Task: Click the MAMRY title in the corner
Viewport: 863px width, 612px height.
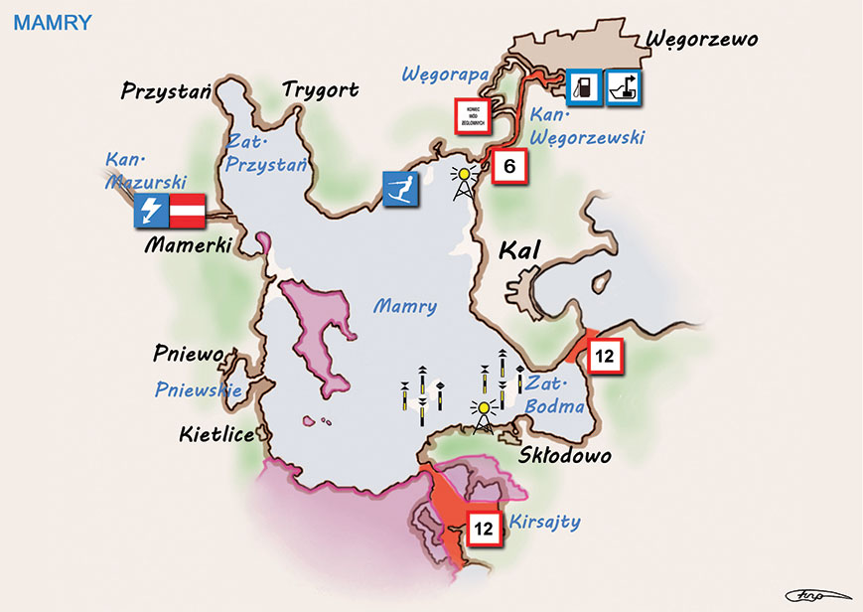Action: tap(52, 21)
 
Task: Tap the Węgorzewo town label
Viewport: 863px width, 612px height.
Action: tap(701, 39)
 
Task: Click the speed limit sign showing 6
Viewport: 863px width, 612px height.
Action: tap(508, 167)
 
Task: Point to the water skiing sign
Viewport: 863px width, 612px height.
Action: tap(401, 189)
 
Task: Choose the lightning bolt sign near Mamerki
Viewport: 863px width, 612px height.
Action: tap(151, 211)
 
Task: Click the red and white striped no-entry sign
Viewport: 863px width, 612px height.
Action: tap(187, 211)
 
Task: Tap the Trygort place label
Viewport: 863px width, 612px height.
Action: tap(320, 90)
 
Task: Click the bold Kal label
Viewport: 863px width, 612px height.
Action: tap(518, 249)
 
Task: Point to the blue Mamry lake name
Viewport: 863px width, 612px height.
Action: tap(405, 306)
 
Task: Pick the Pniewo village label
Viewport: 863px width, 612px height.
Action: tap(189, 353)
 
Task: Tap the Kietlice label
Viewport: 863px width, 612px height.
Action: tap(216, 434)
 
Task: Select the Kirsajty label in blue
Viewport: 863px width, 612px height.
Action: tap(543, 522)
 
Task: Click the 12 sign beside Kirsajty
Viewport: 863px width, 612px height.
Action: tap(484, 530)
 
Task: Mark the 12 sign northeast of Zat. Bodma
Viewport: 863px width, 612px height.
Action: tap(606, 355)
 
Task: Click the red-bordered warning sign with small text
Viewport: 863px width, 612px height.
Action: tap(474, 117)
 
